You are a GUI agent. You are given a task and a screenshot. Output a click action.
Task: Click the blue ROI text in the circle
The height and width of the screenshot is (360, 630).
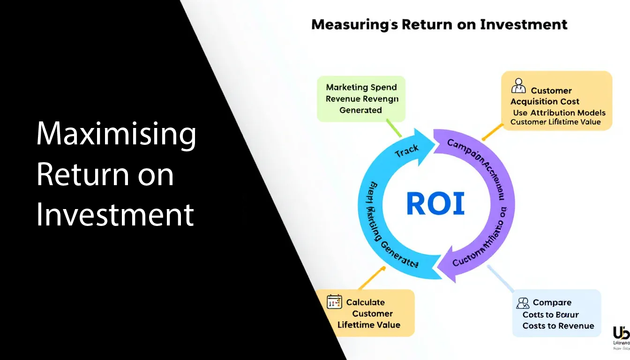pyautogui.click(x=435, y=204)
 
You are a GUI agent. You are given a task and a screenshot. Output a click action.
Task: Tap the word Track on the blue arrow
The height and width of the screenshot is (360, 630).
pyautogui.click(x=406, y=151)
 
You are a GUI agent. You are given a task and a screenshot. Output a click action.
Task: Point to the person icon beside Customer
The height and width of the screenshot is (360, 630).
pyautogui.click(x=518, y=87)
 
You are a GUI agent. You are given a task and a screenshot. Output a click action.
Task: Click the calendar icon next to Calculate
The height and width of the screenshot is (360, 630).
pyautogui.click(x=334, y=301)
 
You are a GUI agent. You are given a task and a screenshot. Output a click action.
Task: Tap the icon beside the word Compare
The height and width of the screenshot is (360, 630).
pyautogui.click(x=523, y=302)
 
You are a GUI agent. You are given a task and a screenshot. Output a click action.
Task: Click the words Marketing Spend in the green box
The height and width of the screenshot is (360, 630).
pyautogui.click(x=361, y=87)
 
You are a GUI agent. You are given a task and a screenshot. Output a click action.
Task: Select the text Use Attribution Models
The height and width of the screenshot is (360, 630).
pyautogui.click(x=559, y=112)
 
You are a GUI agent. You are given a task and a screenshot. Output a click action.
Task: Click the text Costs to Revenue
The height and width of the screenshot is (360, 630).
pyautogui.click(x=558, y=326)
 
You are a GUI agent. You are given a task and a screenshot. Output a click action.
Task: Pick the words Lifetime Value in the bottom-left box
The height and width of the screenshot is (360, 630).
pyautogui.click(x=369, y=325)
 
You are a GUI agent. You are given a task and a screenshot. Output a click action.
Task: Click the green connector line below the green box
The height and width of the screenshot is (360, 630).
pyautogui.click(x=394, y=128)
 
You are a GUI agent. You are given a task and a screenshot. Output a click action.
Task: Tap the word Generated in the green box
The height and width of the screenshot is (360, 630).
pyautogui.click(x=360, y=110)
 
